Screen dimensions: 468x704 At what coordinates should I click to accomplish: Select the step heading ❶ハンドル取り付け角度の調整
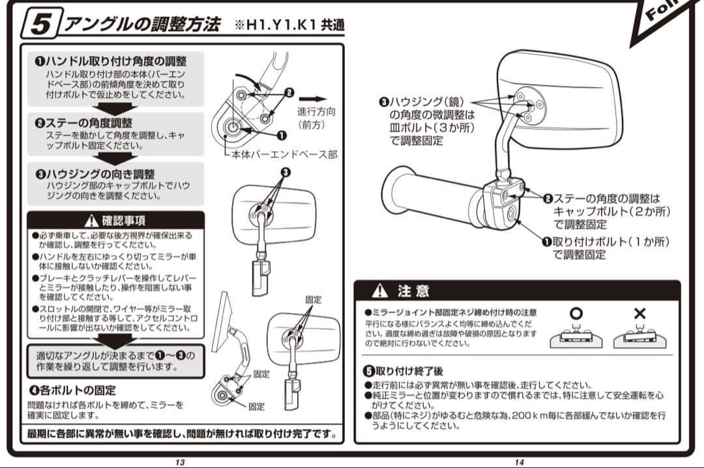click(x=111, y=61)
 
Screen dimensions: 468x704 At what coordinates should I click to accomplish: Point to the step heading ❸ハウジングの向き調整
click(x=95, y=174)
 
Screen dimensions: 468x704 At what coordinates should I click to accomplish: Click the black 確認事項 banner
click(x=115, y=220)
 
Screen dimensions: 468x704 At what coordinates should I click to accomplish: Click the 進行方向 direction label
click(x=316, y=111)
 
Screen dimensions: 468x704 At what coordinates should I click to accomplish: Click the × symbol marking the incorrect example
click(x=639, y=313)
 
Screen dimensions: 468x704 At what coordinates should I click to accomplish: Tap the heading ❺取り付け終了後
click(x=405, y=371)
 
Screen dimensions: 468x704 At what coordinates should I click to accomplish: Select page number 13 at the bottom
click(x=180, y=462)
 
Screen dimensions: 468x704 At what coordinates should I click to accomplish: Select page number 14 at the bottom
click(x=519, y=462)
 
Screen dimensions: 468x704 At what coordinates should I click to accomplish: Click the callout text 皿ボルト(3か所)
click(x=432, y=128)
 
